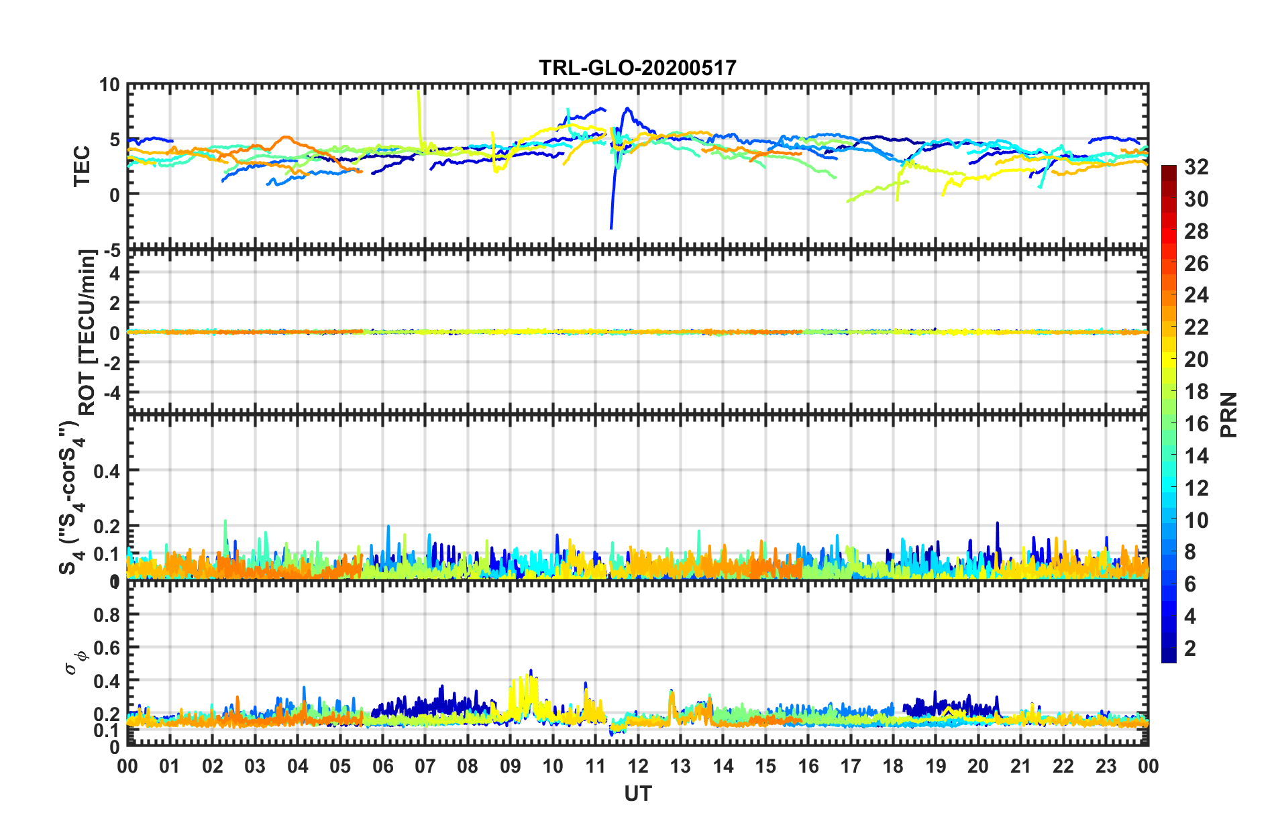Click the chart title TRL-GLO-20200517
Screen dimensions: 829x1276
[637, 68]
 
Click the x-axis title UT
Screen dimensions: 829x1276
[637, 793]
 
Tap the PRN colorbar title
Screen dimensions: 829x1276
[1228, 414]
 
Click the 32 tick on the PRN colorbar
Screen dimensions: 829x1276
[1195, 167]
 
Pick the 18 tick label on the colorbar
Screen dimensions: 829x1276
[1195, 392]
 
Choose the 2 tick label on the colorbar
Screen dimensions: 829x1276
[1190, 648]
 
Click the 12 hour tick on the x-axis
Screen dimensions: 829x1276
[637, 766]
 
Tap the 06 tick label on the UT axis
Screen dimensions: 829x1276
[382, 766]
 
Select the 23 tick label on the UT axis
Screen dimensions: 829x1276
[1106, 766]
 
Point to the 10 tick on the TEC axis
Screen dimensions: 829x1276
[109, 85]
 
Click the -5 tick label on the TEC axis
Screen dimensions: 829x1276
[110, 251]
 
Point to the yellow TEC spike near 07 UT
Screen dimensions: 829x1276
[419, 94]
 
